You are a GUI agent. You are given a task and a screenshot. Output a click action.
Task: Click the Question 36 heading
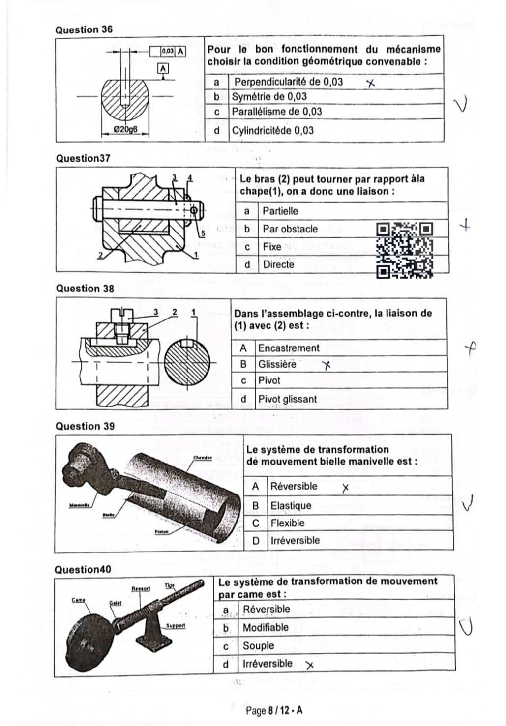coord(84,29)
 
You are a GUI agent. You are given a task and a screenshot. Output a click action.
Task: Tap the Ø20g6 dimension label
coord(125,130)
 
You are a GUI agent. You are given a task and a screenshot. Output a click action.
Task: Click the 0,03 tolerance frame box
coord(167,51)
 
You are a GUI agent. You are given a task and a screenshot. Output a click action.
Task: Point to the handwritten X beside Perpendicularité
coord(370,83)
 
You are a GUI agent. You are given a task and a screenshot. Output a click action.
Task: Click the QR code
coord(405,250)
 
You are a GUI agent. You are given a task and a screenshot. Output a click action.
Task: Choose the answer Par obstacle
coord(290,229)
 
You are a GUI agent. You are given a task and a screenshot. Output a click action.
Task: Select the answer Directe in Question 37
coord(278,264)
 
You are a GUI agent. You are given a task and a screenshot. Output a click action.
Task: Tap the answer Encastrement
coord(289,348)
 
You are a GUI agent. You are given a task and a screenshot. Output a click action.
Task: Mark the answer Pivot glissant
coord(288,399)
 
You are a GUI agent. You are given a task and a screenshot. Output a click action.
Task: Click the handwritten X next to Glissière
coord(326,365)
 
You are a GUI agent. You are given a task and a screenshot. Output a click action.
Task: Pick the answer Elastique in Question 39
coord(291,506)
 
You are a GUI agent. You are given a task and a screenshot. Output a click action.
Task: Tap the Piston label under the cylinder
coord(162,532)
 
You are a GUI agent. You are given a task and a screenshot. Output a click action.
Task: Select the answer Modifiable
coord(266,628)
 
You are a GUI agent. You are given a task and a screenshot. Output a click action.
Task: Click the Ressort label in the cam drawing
coord(141,588)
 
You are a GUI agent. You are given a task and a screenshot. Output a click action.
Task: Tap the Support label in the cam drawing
coord(176,625)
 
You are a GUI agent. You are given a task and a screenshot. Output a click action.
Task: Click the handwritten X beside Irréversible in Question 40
coord(309,666)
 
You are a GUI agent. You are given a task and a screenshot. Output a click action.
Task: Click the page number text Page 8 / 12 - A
coord(274,711)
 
